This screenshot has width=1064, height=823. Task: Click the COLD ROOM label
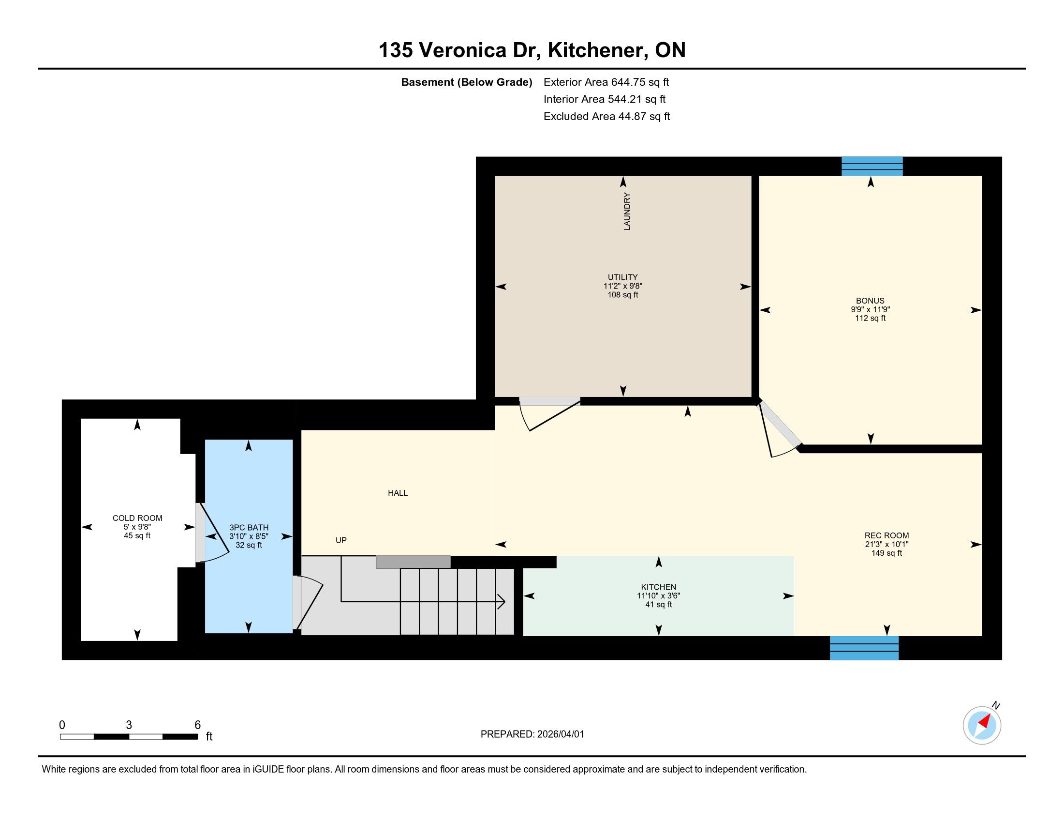[x=137, y=518]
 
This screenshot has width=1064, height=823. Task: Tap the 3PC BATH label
[x=249, y=528]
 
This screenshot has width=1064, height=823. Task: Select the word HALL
[x=398, y=493]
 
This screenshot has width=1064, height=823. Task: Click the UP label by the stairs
[x=341, y=540]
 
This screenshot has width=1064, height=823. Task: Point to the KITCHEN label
[x=659, y=587]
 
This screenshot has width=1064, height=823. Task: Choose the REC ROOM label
[x=887, y=535]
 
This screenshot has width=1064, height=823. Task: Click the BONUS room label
[x=870, y=301]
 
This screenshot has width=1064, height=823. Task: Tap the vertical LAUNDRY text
[x=627, y=211]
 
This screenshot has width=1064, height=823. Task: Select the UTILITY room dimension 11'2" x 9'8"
[x=622, y=286]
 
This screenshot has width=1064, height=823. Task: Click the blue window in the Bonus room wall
[x=872, y=166]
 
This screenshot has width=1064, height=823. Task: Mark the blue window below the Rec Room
[x=864, y=648]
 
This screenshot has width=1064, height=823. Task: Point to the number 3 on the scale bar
[x=129, y=725]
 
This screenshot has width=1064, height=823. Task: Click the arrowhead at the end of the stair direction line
[x=502, y=602]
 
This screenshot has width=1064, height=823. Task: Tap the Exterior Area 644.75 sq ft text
[x=606, y=82]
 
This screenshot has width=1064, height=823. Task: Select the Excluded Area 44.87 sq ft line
[x=606, y=116]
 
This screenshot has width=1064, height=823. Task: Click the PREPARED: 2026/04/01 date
[x=532, y=734]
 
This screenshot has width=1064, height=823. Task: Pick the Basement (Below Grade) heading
[x=466, y=82]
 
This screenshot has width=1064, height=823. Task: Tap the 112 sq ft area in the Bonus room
[x=870, y=319]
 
